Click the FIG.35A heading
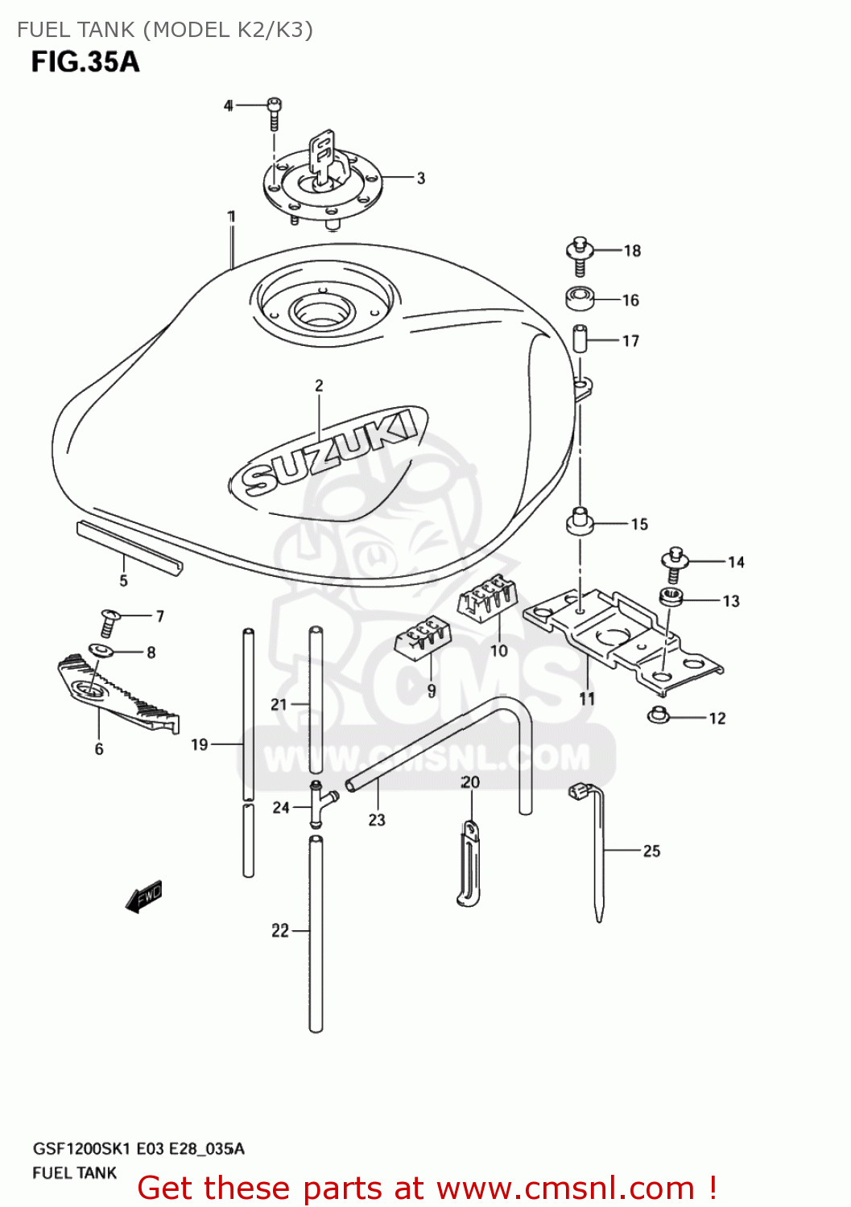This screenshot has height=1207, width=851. click(85, 62)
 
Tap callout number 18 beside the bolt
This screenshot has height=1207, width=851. click(632, 251)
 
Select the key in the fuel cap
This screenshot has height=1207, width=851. click(323, 154)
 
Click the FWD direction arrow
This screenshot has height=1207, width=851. click(144, 896)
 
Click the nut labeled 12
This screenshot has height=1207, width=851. click(659, 714)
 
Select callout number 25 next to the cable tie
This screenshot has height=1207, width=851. click(651, 851)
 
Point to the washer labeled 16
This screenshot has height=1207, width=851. click(580, 299)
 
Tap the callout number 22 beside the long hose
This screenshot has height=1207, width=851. click(279, 930)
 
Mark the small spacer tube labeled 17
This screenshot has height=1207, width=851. click(579, 338)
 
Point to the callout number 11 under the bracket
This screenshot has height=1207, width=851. click(587, 699)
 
